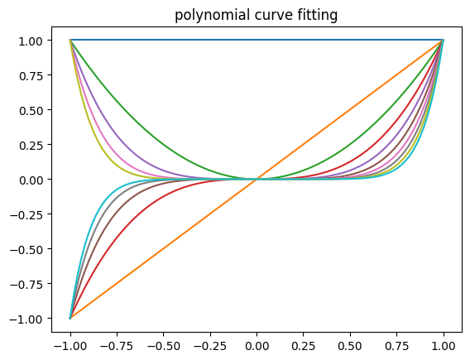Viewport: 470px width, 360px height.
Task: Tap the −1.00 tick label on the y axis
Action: [34, 319]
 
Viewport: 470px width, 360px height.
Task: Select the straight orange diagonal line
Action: [164, 248]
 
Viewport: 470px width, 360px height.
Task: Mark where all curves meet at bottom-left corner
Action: [70, 318]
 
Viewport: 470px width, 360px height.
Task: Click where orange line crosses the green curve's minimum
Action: [257, 179]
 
